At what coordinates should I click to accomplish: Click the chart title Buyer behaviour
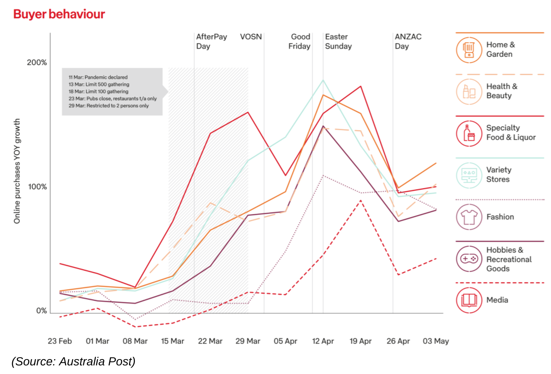[x=59, y=14]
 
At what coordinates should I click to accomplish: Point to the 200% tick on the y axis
[x=36, y=63]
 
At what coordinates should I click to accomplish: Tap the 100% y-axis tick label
[x=37, y=187]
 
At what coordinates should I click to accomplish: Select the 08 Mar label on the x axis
[x=135, y=341]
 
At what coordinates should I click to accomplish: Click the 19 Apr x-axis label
[x=360, y=341]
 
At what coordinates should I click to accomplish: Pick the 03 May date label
[x=436, y=341]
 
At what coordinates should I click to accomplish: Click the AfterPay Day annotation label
[x=211, y=42]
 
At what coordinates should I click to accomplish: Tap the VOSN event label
[x=251, y=37]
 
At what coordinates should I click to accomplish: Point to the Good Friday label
[x=300, y=42]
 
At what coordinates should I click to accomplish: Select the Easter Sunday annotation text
[x=338, y=42]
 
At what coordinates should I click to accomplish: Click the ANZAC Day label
[x=408, y=42]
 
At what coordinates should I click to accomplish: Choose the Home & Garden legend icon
[x=469, y=50]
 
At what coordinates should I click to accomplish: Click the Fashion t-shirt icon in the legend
[x=469, y=217]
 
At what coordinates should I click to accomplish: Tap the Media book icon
[x=469, y=300]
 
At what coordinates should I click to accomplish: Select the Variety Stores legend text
[x=498, y=175]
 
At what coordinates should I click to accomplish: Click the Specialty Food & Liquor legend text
[x=511, y=133]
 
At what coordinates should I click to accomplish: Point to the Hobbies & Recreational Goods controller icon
[x=469, y=259]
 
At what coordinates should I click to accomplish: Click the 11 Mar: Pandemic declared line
[x=98, y=78]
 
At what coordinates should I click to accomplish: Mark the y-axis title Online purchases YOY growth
[x=17, y=171]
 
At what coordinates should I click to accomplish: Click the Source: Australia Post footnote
[x=73, y=361]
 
